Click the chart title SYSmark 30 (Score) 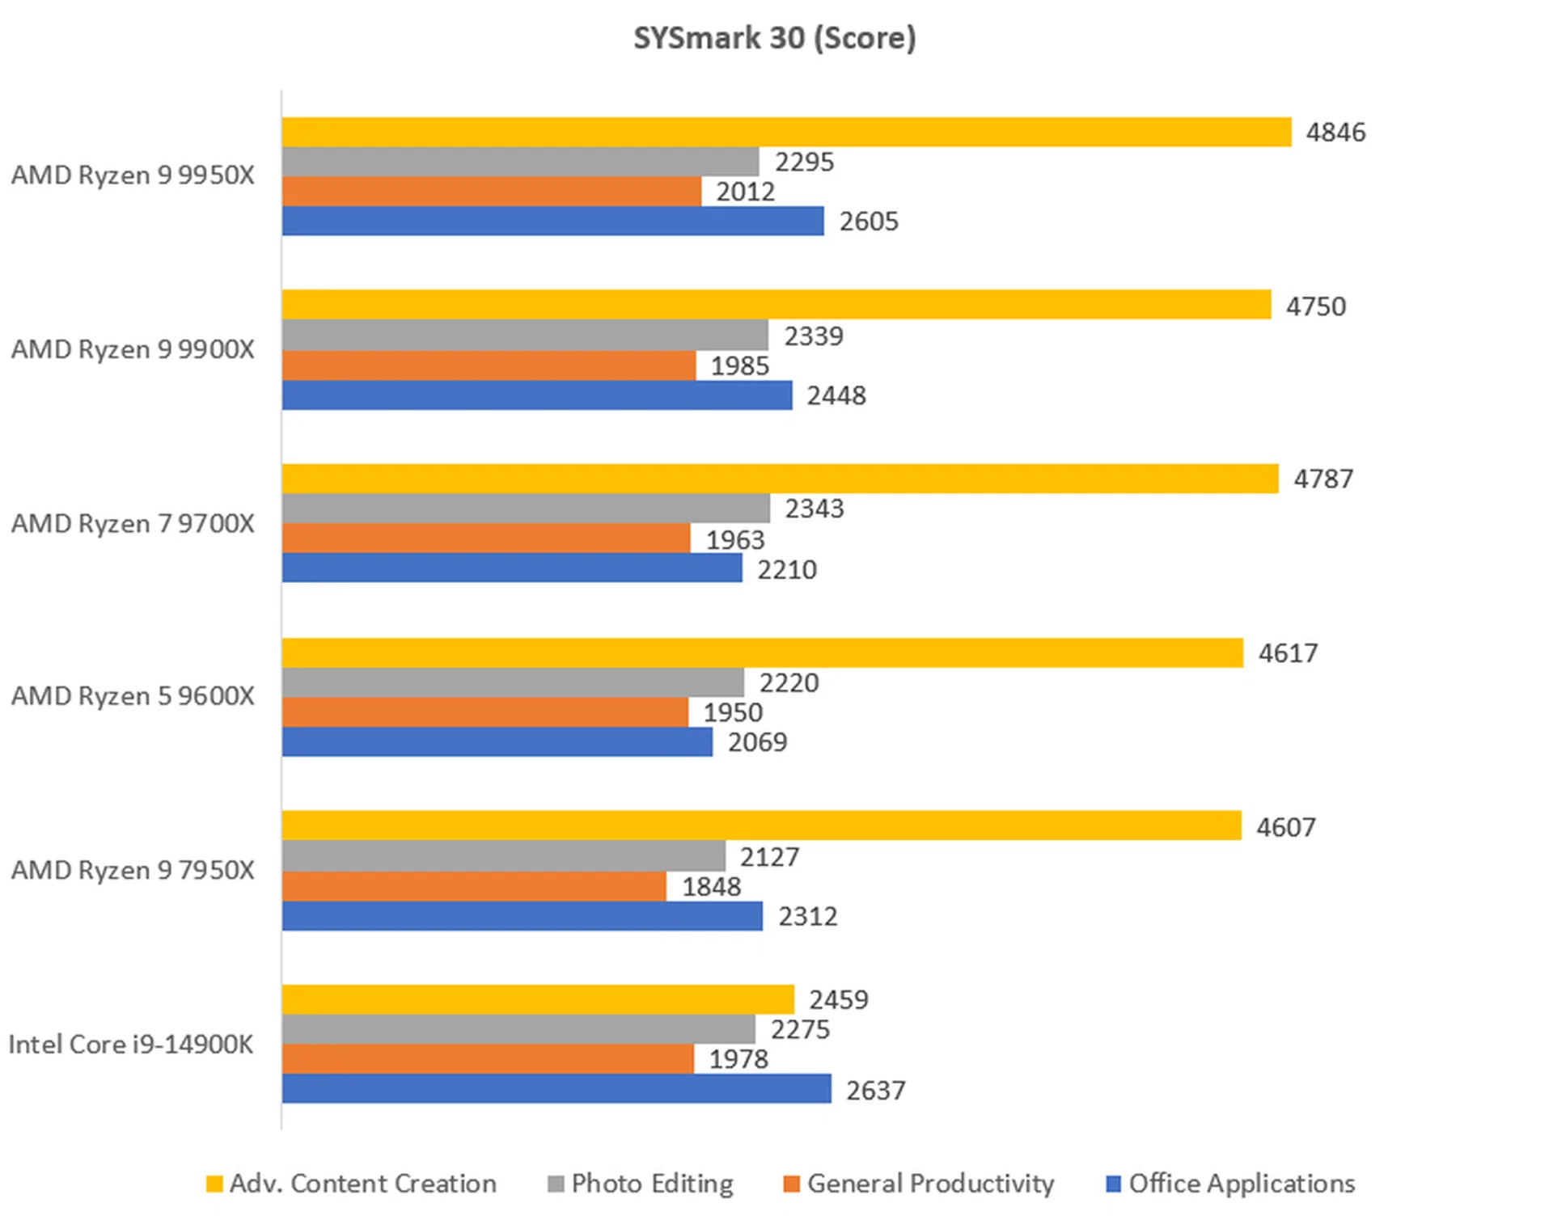[774, 38]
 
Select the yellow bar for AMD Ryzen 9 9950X [786, 133]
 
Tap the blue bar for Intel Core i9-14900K [556, 1088]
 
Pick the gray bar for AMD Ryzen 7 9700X [526, 509]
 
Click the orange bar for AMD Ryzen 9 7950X [474, 886]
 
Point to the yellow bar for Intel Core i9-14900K [538, 999]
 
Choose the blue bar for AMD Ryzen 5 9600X [497, 741]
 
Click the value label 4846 [1335, 133]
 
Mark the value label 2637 [875, 1090]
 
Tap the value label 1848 [711, 887]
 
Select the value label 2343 [814, 509]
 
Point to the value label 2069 [757, 742]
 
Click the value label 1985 [739, 366]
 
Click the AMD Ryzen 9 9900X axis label [133, 349]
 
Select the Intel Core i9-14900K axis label [131, 1044]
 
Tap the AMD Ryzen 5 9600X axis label [133, 696]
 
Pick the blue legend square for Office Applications [1113, 1184]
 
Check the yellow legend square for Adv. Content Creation [214, 1184]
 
